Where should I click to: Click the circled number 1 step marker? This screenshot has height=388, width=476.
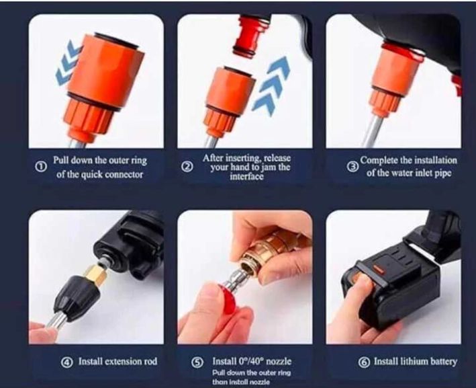coord(40,166)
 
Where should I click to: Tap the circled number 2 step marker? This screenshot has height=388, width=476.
coord(187,166)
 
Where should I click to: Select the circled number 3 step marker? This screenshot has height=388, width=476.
coord(352,167)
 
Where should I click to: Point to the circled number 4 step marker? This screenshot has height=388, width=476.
coord(67,362)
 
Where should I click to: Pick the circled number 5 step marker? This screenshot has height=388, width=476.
coord(197,362)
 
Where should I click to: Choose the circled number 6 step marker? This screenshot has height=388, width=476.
coord(365,362)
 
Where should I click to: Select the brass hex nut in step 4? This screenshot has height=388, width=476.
coord(96,276)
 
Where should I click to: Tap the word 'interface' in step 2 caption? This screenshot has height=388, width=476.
coord(246,177)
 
